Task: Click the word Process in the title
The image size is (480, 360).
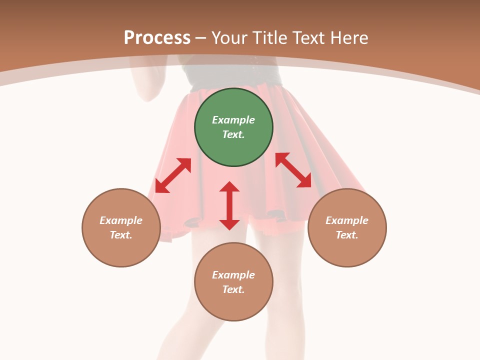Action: click(157, 38)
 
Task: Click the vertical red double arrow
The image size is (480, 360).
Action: click(229, 205)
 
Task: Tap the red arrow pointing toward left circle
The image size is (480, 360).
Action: click(173, 175)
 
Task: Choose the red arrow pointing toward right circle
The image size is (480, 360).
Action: click(293, 170)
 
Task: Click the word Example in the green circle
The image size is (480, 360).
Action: click(233, 120)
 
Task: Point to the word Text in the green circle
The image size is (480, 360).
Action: click(233, 134)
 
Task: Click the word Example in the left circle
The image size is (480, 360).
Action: click(121, 220)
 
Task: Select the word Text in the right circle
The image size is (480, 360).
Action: click(347, 235)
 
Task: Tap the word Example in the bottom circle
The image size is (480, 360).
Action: click(233, 275)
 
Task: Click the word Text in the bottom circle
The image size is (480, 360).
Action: click(233, 289)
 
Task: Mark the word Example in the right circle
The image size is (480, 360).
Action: click(347, 220)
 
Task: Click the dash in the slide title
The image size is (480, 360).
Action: click(201, 38)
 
